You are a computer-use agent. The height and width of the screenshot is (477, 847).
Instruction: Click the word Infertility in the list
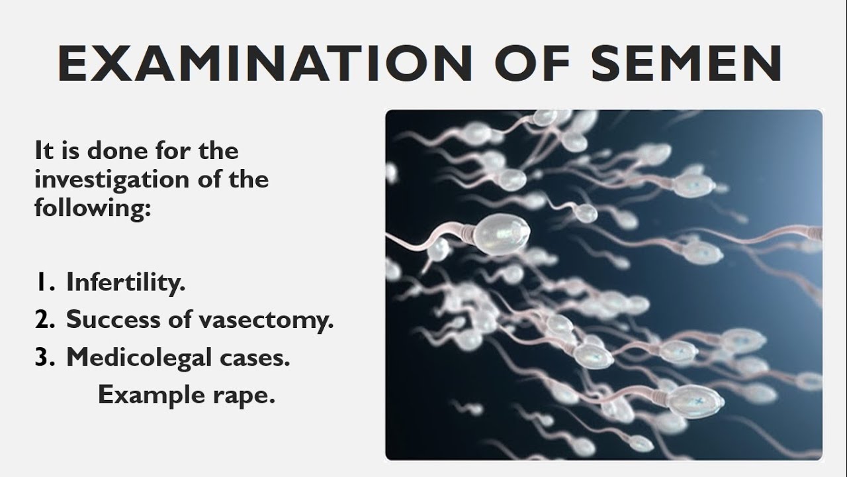coord(126,284)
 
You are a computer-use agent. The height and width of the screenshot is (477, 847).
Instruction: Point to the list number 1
coord(43,284)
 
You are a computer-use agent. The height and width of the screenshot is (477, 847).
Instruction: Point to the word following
coord(93,207)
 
